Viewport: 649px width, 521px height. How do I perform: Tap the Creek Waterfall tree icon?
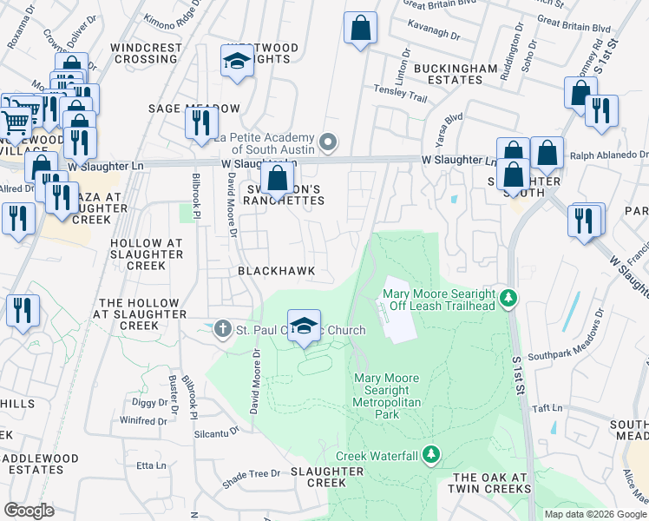433,455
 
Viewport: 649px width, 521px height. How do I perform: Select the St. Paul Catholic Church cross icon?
223,329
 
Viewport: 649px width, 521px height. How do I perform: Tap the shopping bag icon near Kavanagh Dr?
360,29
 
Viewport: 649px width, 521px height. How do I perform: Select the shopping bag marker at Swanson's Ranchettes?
277,180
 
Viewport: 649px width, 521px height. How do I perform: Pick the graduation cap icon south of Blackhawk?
304,326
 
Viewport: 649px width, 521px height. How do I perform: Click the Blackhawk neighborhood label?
277,271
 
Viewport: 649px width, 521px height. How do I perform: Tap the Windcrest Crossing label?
146,53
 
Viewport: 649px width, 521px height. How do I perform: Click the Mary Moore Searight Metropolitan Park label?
387,396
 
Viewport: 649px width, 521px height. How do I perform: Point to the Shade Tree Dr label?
251,474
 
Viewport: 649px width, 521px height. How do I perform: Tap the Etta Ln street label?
151,466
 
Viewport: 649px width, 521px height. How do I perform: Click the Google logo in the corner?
29,511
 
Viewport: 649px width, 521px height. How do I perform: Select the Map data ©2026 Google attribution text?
595,514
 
